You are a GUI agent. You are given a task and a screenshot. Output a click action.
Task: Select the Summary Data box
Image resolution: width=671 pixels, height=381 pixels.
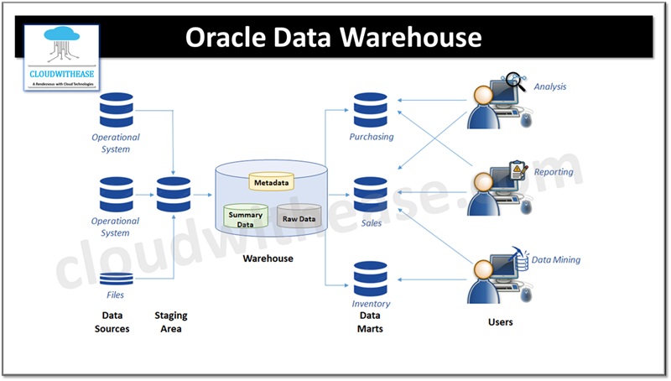tap(245, 219)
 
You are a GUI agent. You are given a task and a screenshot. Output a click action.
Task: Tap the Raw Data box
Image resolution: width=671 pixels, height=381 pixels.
tap(299, 218)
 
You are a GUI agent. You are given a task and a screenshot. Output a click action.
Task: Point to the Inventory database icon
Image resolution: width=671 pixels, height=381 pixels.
tap(370, 279)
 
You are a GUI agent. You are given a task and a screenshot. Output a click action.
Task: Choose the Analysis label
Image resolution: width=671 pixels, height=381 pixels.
tap(552, 86)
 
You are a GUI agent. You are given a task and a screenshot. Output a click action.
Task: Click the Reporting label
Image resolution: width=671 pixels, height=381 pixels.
tap(554, 172)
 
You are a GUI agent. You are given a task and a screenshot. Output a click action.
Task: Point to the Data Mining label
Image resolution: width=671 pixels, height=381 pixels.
tap(555, 260)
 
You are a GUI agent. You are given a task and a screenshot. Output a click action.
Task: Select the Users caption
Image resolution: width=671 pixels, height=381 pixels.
tap(500, 321)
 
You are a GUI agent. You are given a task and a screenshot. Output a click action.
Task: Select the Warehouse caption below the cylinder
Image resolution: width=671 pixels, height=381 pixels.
tap(268, 258)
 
